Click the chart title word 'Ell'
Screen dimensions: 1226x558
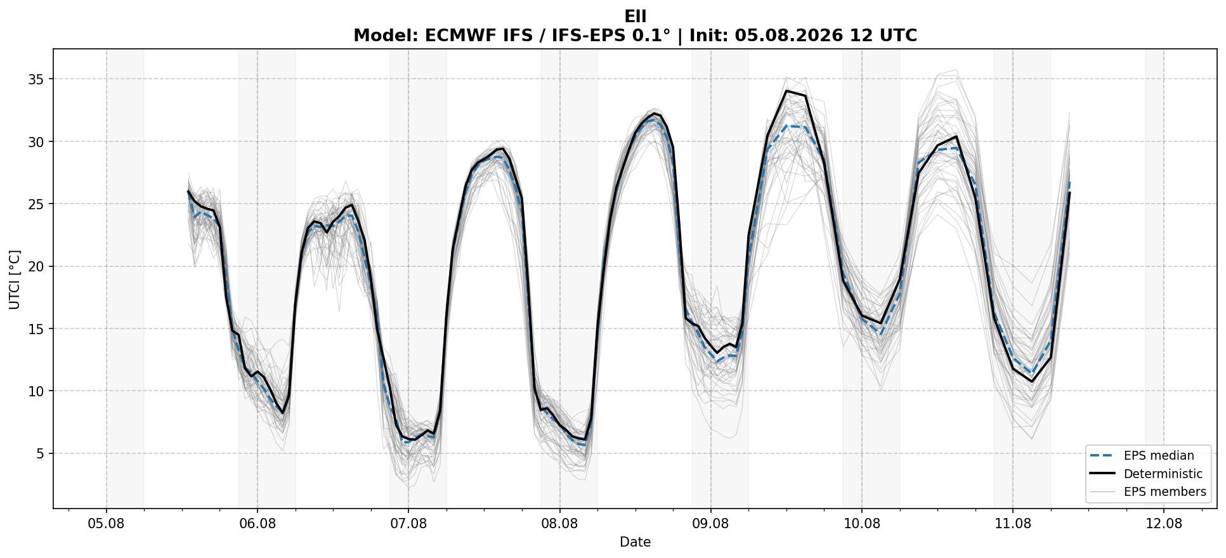[x=635, y=16]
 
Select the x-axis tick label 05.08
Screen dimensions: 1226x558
[x=107, y=524]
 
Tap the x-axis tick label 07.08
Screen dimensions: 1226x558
[x=408, y=524]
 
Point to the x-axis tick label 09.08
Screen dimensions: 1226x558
[x=711, y=524]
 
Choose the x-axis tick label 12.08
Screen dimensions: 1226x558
[x=1164, y=524]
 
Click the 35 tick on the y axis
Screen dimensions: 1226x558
[x=38, y=79]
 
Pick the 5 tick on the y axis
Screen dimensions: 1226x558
[x=42, y=453]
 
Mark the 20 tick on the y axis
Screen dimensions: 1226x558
[x=38, y=266]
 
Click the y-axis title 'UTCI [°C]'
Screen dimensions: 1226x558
[x=15, y=279]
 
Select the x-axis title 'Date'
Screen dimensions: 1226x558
[x=635, y=542]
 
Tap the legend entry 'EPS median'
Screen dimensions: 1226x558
[x=1159, y=455]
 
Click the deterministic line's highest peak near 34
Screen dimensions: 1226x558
[x=786, y=91]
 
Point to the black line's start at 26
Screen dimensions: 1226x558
[x=188, y=191]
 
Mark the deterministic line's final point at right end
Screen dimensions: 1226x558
[x=1069, y=193]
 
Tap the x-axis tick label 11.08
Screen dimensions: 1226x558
[x=1013, y=524]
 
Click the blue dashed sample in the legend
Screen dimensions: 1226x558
[x=1102, y=455]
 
